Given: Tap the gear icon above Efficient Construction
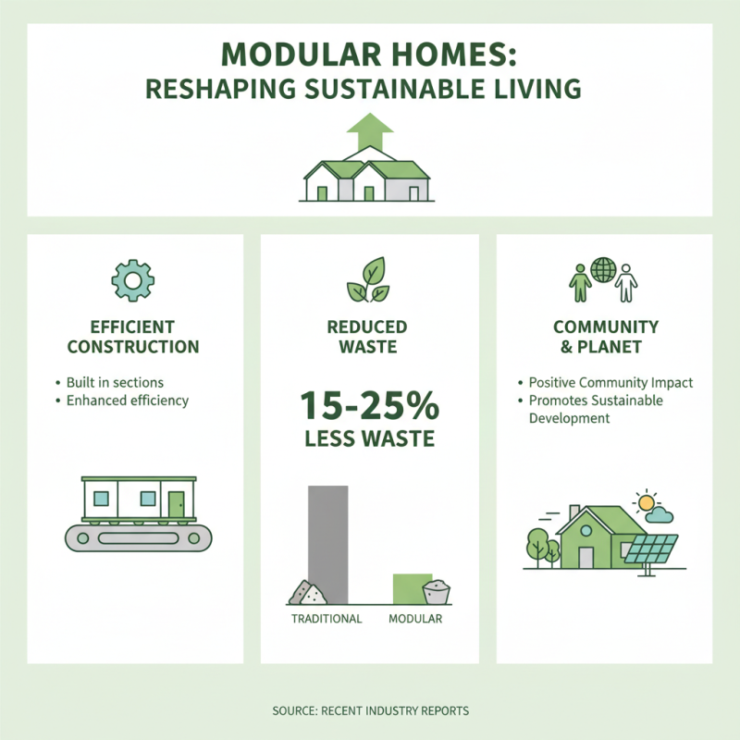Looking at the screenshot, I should [x=132, y=278].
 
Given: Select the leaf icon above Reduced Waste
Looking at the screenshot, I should [x=369, y=279].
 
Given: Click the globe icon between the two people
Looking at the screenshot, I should [x=604, y=271].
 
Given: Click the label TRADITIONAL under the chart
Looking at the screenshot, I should [x=327, y=619].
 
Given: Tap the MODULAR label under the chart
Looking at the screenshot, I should [x=415, y=619].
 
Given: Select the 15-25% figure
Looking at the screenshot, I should [x=369, y=408].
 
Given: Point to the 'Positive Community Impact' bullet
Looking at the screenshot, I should [x=610, y=382].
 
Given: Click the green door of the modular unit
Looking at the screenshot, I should [x=176, y=503].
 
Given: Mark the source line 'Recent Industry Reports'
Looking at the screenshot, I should [x=370, y=710].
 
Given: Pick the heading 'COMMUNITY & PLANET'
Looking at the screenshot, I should [x=605, y=337].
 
